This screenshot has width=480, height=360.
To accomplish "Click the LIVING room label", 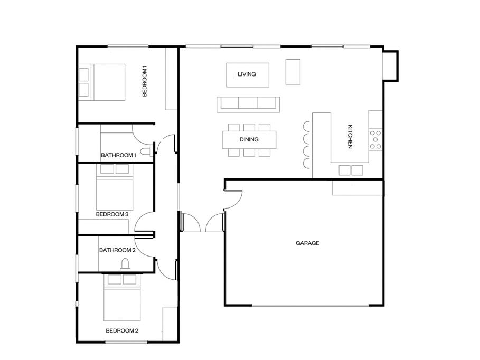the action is click(247, 74).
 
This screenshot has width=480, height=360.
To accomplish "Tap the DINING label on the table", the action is click(249, 139).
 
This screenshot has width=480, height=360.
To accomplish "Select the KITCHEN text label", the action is click(350, 137).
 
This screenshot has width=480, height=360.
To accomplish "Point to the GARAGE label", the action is click(307, 243).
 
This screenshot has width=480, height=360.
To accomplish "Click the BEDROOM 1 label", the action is click(145, 81).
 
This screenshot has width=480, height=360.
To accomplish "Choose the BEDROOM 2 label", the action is click(122, 330).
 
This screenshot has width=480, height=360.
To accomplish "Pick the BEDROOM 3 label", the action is click(112, 214).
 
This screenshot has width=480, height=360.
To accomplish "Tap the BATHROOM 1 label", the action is click(118, 155).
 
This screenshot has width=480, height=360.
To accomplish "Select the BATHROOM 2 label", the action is click(117, 250).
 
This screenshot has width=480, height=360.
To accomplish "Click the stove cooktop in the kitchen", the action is click(375, 139).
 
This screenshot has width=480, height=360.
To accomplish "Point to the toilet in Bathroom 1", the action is click(146, 151).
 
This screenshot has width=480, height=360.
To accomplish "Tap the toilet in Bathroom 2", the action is click(125, 265).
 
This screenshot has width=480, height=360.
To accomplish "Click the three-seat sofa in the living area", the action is click(248, 105).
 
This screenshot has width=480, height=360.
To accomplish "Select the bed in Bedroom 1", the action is click(102, 82).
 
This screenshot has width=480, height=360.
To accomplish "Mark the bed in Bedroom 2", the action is click(122, 298).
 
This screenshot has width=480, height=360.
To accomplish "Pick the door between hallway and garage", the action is click(233, 200).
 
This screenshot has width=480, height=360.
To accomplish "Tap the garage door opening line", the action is click(310, 305).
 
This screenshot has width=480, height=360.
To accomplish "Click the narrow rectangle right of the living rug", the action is click(293, 72).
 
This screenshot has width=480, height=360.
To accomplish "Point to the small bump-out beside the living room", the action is click(391, 66).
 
